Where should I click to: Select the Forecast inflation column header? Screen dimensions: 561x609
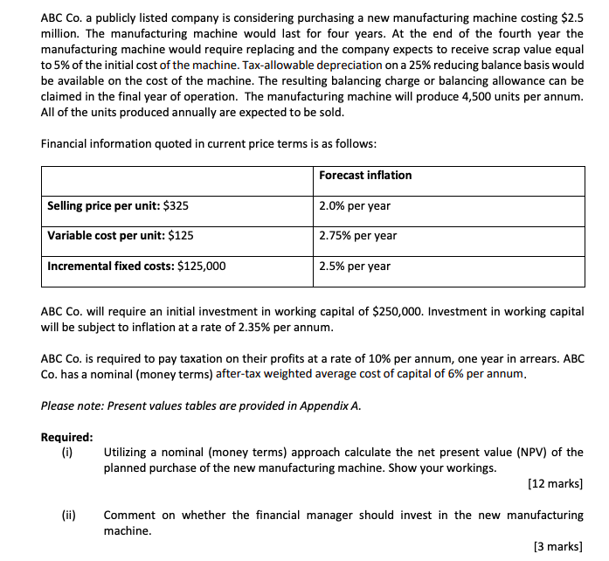[365, 175]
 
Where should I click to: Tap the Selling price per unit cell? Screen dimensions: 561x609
[118, 206]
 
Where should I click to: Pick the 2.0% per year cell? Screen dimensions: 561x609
[355, 206]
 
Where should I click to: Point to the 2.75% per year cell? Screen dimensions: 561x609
[358, 236]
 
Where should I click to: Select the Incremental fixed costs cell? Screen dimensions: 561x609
[136, 267]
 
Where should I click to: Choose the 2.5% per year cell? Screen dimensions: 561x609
[355, 267]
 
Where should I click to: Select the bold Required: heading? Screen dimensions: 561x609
[67, 438]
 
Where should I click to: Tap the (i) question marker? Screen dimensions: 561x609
[67, 453]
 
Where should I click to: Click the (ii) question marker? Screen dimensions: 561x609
[68, 516]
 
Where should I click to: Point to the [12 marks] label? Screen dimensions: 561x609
[556, 483]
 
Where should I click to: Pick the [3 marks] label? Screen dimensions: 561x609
[558, 546]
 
